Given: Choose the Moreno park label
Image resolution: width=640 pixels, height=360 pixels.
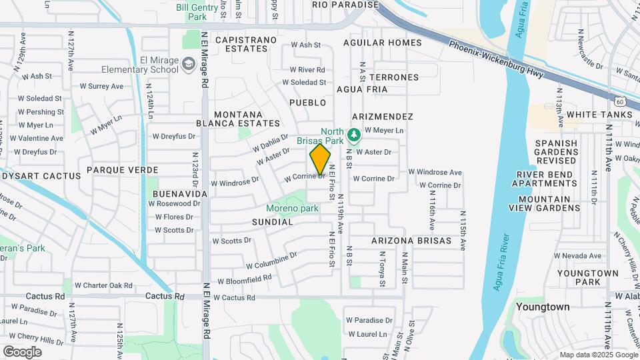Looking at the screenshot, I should [x=293, y=209].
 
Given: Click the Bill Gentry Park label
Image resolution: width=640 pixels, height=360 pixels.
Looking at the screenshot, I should [x=197, y=11].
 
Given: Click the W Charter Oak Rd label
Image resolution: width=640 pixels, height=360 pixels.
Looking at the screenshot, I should [x=103, y=285].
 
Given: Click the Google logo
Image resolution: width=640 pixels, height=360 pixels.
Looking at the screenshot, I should [x=22, y=351].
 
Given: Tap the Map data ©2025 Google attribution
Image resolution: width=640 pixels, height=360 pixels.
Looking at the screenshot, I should [x=599, y=355].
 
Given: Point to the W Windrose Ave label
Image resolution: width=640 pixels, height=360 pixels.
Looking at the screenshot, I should [x=435, y=172].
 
